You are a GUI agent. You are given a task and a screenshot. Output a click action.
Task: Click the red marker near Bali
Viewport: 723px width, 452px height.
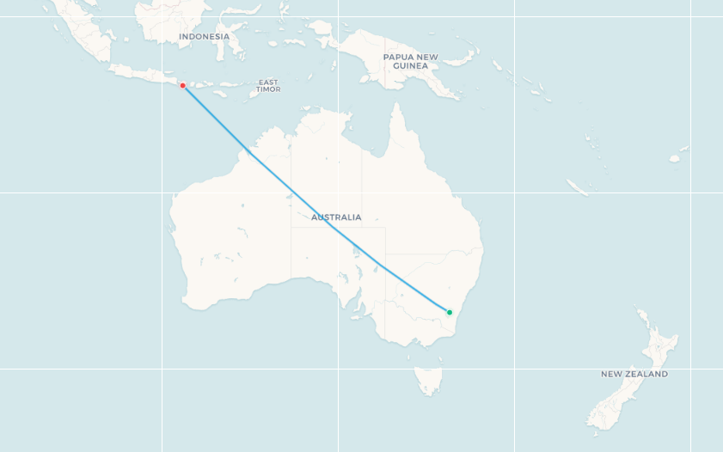(182, 85)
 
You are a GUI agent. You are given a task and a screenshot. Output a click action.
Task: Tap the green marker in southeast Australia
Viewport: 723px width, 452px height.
(449, 312)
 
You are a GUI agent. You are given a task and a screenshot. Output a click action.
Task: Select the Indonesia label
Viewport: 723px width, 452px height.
(204, 37)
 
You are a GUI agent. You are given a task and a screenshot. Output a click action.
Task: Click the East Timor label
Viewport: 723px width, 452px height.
(267, 86)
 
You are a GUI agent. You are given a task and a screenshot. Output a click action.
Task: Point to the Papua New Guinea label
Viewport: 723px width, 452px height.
(410, 61)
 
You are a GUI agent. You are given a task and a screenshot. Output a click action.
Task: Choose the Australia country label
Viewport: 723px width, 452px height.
(336, 217)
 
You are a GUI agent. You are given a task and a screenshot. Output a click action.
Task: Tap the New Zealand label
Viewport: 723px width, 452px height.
(634, 375)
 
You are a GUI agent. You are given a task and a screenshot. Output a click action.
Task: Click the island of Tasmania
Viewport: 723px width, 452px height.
(428, 379)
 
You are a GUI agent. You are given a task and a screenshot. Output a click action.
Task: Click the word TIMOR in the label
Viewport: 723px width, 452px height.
(267, 89)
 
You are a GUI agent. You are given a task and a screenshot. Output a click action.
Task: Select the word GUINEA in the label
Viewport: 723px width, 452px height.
(410, 66)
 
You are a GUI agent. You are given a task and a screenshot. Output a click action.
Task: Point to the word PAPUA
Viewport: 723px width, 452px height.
(398, 57)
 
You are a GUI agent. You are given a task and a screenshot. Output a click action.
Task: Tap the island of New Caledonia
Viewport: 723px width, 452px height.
(578, 187)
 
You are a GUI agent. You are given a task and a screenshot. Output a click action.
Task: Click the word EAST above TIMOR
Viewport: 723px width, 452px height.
(267, 82)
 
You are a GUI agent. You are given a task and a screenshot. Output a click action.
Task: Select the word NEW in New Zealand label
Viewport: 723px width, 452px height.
(610, 375)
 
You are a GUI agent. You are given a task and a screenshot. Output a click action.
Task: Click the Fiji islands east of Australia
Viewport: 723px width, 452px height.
(675, 158)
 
